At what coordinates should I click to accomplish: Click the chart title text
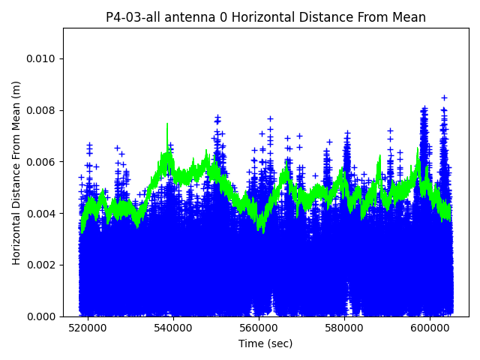tap(265, 17)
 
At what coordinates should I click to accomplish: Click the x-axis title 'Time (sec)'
tap(265, 343)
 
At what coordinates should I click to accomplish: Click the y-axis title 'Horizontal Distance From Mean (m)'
tap(16, 172)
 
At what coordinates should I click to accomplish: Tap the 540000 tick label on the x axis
tap(173, 328)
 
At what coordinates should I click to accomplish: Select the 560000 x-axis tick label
tap(259, 328)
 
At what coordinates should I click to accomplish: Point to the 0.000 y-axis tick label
tap(42, 316)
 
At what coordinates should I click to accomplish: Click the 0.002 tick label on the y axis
tap(42, 265)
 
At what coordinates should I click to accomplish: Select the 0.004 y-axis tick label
tap(42, 214)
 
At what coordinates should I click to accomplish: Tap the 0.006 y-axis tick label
tap(42, 162)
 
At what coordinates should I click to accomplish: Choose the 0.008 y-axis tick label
tap(42, 110)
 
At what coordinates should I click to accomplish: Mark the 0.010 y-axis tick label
tap(42, 58)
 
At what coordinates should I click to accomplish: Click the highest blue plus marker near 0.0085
tap(444, 97)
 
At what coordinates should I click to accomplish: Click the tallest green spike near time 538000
tap(167, 124)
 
